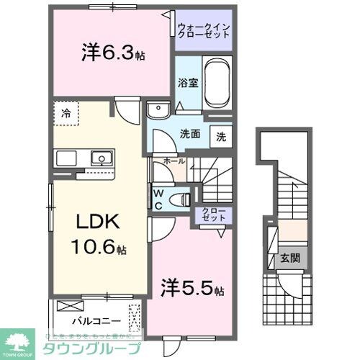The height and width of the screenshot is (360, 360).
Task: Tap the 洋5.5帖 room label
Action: coord(191,289)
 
